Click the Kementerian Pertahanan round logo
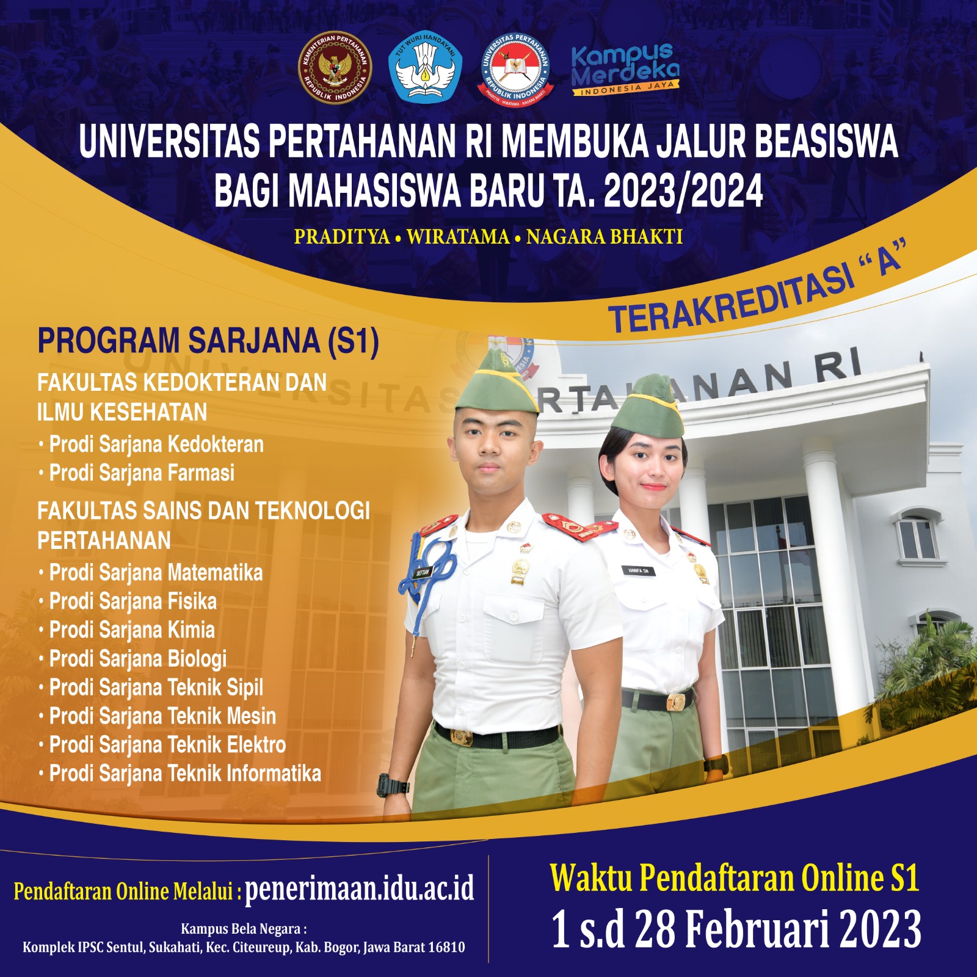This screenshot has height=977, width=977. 335,68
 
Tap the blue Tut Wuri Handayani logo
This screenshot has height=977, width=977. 425,67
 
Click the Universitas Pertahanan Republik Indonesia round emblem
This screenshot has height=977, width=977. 515,68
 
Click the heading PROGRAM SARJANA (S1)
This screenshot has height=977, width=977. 208,341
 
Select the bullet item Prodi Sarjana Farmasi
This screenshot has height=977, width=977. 141,473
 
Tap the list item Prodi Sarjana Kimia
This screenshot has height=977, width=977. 131,630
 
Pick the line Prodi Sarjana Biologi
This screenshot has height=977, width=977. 137,659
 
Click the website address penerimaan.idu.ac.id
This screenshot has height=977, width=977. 359,888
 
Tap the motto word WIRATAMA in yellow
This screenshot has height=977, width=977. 458,237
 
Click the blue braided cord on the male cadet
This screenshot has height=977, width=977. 427,574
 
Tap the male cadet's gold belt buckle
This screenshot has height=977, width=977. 462,738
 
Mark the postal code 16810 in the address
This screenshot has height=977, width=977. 446,948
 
